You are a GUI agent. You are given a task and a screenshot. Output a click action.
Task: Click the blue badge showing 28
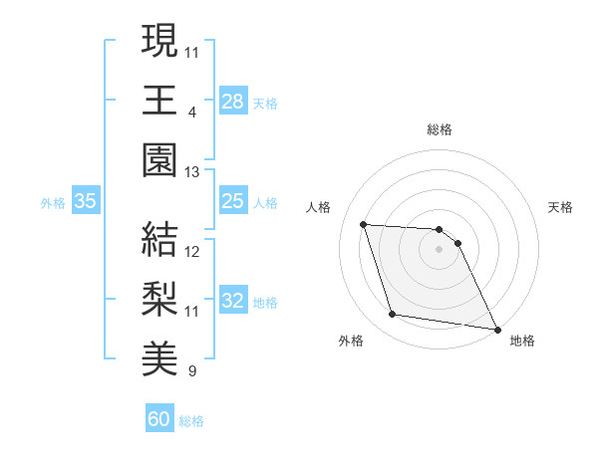click(x=233, y=102)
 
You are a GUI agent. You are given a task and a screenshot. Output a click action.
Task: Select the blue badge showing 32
click(x=233, y=301)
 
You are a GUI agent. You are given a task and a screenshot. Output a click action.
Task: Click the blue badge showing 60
click(x=159, y=419)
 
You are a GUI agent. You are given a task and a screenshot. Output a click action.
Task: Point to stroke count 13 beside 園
click(x=192, y=172)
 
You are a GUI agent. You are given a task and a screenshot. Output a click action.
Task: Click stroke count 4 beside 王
click(x=191, y=113)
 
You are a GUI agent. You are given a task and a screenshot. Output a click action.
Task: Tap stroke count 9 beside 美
click(x=191, y=371)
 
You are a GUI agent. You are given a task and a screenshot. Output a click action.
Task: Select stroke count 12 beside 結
click(x=192, y=252)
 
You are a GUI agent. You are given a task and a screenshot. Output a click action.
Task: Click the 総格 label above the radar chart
click(x=440, y=129)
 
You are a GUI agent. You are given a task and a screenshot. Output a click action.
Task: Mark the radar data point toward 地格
click(x=496, y=330)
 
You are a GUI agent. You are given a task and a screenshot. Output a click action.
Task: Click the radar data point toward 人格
click(x=364, y=224)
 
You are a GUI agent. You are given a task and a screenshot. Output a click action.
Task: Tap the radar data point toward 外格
click(x=393, y=316)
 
